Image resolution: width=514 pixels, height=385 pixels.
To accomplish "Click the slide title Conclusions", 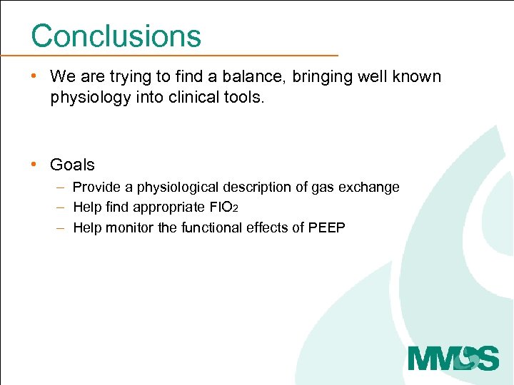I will [x=116, y=36].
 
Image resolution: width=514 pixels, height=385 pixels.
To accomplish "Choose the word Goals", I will [x=72, y=165].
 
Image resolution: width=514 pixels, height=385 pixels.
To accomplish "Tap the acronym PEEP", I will [x=326, y=228].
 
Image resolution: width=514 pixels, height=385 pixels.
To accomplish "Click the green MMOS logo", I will [x=453, y=357].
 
